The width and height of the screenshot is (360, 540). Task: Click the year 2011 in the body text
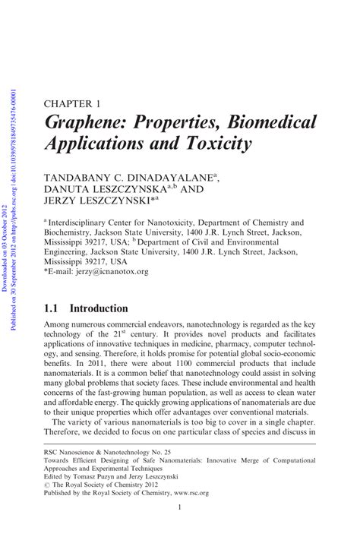(96, 365)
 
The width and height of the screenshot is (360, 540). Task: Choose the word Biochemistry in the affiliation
(73, 236)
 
